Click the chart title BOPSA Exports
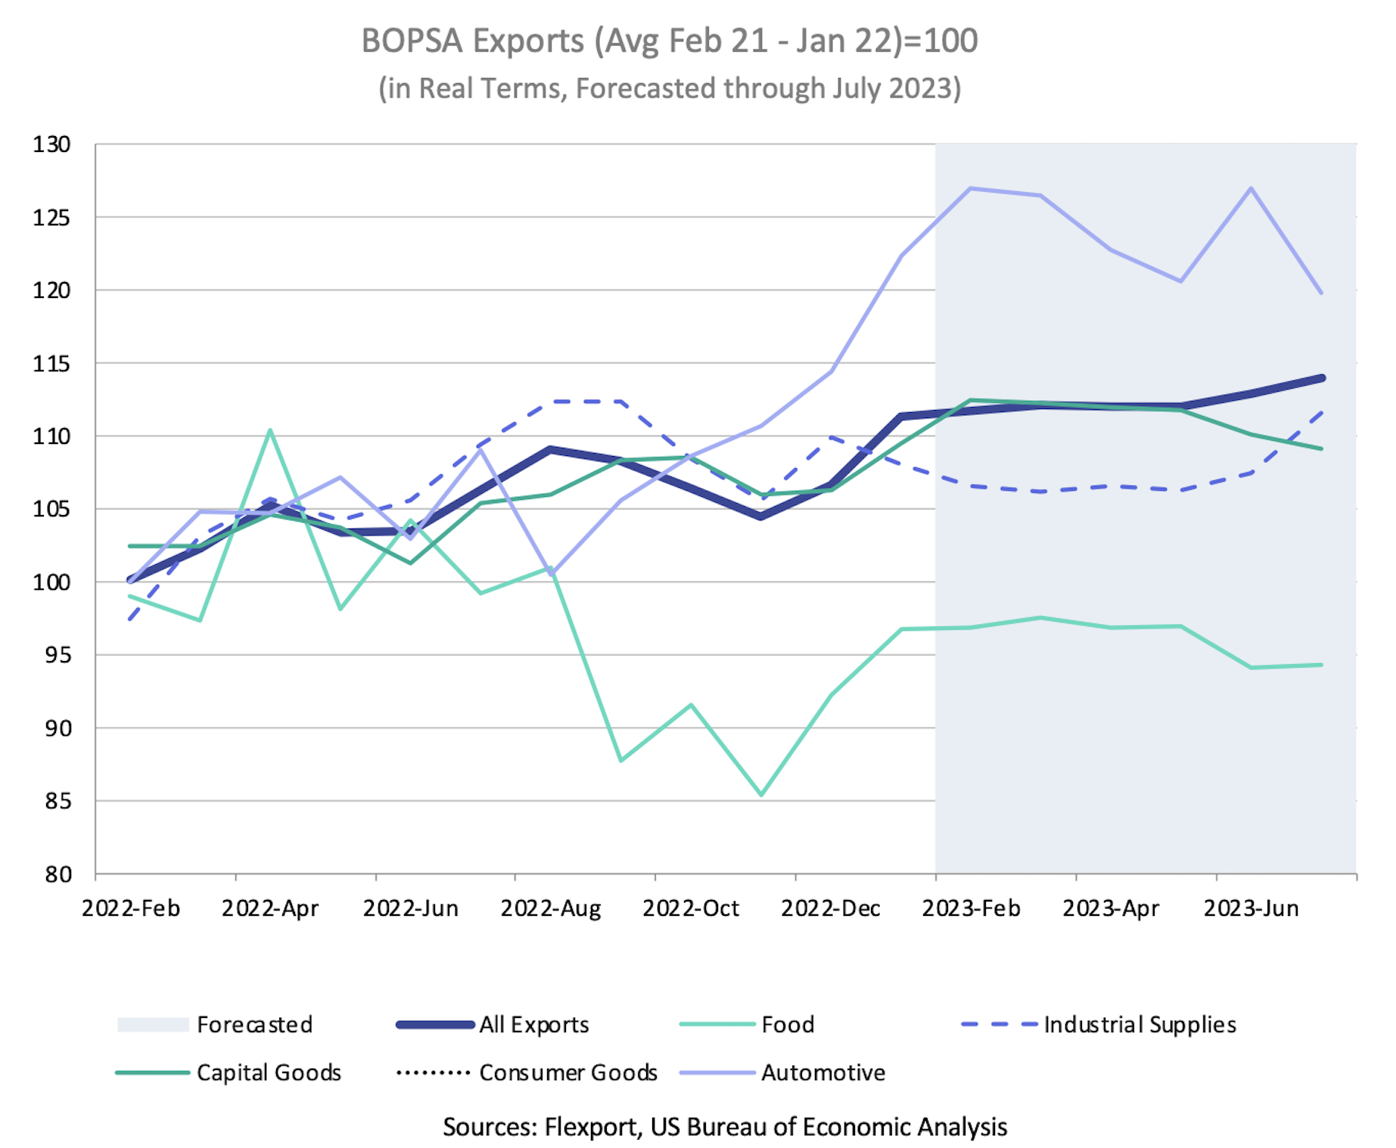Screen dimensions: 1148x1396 pos(669,41)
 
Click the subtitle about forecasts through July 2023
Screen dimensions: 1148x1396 pos(669,88)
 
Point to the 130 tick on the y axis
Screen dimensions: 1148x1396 pos(51,144)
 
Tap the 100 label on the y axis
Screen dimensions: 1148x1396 pos(51,582)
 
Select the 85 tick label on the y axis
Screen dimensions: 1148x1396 pos(56,801)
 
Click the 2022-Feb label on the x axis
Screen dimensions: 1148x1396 pos(131,908)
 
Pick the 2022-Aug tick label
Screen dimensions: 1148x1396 pos(550,908)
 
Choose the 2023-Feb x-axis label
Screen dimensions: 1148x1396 pos(971,908)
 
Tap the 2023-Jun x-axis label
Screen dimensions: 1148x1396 pos(1251,908)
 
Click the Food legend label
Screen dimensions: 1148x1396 pos(788,1025)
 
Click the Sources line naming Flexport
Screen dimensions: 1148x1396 pos(724,1127)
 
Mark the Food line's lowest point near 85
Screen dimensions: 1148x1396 pos(761,795)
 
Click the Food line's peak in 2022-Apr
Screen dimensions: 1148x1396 pos(270,430)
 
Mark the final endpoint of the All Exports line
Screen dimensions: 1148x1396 pos(1321,378)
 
